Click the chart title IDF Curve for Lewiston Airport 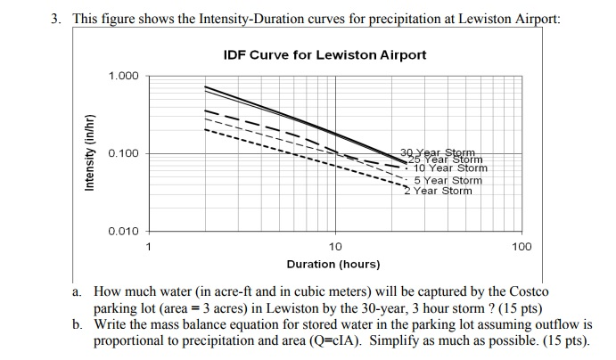pyautogui.click(x=324, y=55)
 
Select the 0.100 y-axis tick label pyautogui.click(x=124, y=154)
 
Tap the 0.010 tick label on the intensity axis pyautogui.click(x=124, y=232)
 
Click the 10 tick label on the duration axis pyautogui.click(x=335, y=246)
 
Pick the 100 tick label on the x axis pyautogui.click(x=522, y=246)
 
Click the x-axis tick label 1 pyautogui.click(x=149, y=246)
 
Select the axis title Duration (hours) pyautogui.click(x=333, y=264)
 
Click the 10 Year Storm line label pyautogui.click(x=452, y=168)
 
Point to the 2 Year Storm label pyautogui.click(x=439, y=191)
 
